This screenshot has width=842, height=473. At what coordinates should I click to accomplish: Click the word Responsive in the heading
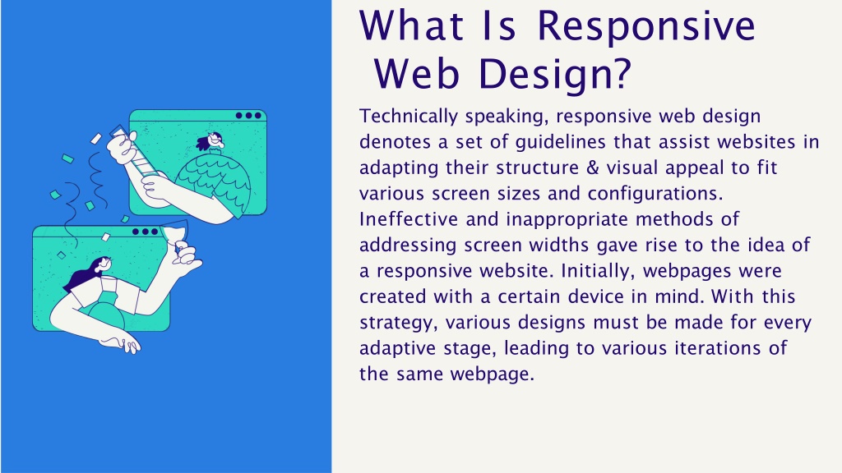click(646, 26)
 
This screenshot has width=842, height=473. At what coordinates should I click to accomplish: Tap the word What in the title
click(411, 25)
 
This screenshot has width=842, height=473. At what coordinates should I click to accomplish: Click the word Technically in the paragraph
click(409, 117)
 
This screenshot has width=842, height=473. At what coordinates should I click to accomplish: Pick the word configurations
click(655, 194)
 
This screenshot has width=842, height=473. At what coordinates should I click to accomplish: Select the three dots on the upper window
click(248, 115)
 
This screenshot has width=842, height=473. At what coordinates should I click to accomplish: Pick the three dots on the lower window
click(145, 232)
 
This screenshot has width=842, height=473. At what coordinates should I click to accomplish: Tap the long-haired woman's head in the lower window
click(101, 264)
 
